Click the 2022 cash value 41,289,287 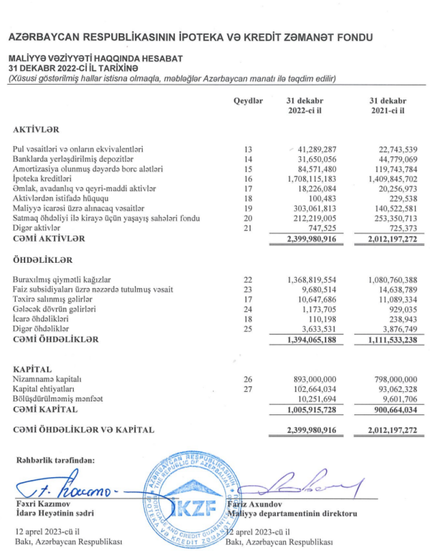[313, 149]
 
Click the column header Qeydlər [248, 101]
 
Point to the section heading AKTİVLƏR [36, 130]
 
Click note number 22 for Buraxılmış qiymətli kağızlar [248, 280]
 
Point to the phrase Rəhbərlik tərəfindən [55, 460]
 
